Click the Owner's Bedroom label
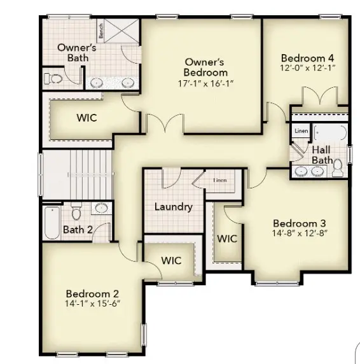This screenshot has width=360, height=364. point(204,67)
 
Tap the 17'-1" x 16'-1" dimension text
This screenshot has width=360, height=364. point(204,83)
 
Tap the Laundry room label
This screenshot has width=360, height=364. point(173,207)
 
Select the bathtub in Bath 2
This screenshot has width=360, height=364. point(52,221)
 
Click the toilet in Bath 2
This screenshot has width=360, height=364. point(77,209)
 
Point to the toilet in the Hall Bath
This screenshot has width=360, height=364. point(338,167)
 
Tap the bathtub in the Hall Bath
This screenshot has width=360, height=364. point(329,133)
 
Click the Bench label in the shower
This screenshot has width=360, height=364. point(100,29)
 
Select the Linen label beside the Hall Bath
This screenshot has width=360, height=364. point(301,132)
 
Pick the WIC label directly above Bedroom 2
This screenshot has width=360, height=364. point(171,260)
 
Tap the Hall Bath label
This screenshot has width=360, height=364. point(321,155)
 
